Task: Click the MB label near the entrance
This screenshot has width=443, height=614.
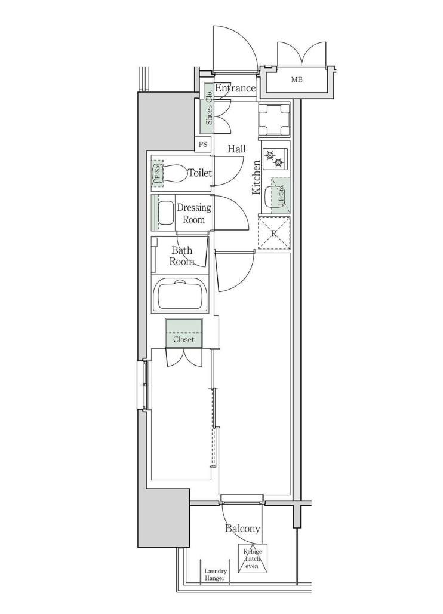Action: click(x=297, y=79)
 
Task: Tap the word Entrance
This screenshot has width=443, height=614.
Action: click(x=235, y=88)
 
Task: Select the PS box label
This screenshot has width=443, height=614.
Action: click(x=203, y=144)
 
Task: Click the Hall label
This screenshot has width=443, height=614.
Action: click(x=236, y=149)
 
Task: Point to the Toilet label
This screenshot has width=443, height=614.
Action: click(x=199, y=173)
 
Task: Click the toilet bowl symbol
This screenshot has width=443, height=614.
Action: click(x=174, y=174)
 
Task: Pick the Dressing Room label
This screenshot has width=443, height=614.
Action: click(x=193, y=214)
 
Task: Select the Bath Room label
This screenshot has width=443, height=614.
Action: click(x=181, y=256)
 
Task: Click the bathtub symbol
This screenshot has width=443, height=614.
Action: click(x=180, y=294)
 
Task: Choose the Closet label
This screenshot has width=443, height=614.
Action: click(x=184, y=339)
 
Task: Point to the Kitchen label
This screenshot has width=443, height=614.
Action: click(x=256, y=177)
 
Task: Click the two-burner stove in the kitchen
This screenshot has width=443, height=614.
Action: click(x=274, y=159)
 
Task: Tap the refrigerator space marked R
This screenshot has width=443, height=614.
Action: click(x=274, y=234)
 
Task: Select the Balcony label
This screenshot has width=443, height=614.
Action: click(x=242, y=529)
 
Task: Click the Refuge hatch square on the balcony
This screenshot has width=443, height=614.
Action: click(x=253, y=558)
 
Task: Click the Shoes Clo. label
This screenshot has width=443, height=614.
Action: click(x=209, y=108)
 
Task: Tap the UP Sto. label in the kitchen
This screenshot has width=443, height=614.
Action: click(x=281, y=195)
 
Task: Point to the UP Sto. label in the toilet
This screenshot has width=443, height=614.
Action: click(x=158, y=174)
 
